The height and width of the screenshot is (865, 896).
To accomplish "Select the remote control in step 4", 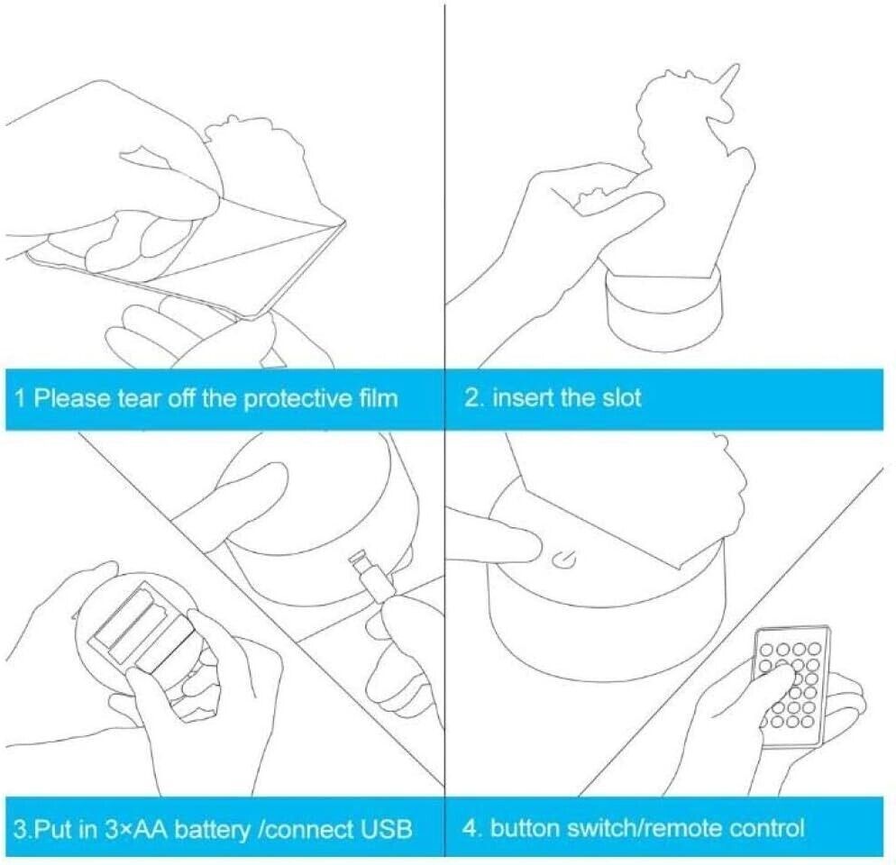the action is pos(791,686).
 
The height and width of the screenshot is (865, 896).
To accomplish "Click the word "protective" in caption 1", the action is pos(291,398).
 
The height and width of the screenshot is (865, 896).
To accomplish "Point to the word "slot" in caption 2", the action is pos(622,397).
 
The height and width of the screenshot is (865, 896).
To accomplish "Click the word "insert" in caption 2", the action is pos(516,397).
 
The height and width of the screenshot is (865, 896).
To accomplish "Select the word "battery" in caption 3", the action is pos(212,828).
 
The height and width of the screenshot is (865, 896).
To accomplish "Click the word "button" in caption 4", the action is pos(525,828).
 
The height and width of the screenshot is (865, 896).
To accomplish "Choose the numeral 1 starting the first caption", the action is pos(20,397).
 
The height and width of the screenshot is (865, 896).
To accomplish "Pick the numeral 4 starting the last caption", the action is pos(471,828).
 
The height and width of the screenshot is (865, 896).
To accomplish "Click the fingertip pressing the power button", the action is pos(528,547).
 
